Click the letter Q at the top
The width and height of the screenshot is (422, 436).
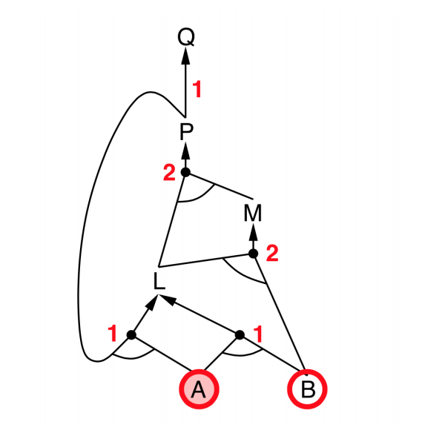pos(186,37)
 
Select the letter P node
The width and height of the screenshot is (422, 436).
pos(186,131)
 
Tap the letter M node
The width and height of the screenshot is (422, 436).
pos(253,213)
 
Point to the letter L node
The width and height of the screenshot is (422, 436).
pos(159,281)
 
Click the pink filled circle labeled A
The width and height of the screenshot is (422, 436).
pos(199,389)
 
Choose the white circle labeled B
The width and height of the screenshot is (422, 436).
pos(307,389)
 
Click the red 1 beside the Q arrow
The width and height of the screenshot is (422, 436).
pos(197,89)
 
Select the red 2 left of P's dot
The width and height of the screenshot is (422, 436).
pos(169,173)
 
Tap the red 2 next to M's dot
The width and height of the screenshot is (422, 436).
pos(272,253)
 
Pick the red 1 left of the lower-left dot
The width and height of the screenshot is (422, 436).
pos(113,333)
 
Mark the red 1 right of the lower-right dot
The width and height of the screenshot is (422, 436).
pos(258,334)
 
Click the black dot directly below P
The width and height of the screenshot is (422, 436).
pos(185,172)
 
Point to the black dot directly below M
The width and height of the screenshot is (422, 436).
pos(253,254)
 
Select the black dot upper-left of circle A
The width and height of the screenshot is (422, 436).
pos(131,335)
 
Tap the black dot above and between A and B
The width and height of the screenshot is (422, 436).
pos(240,335)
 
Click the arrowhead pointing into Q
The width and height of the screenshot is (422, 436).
pos(186,56)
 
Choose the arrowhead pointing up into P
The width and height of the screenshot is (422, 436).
pos(185,151)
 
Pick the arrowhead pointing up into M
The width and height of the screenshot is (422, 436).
pos(253,232)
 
